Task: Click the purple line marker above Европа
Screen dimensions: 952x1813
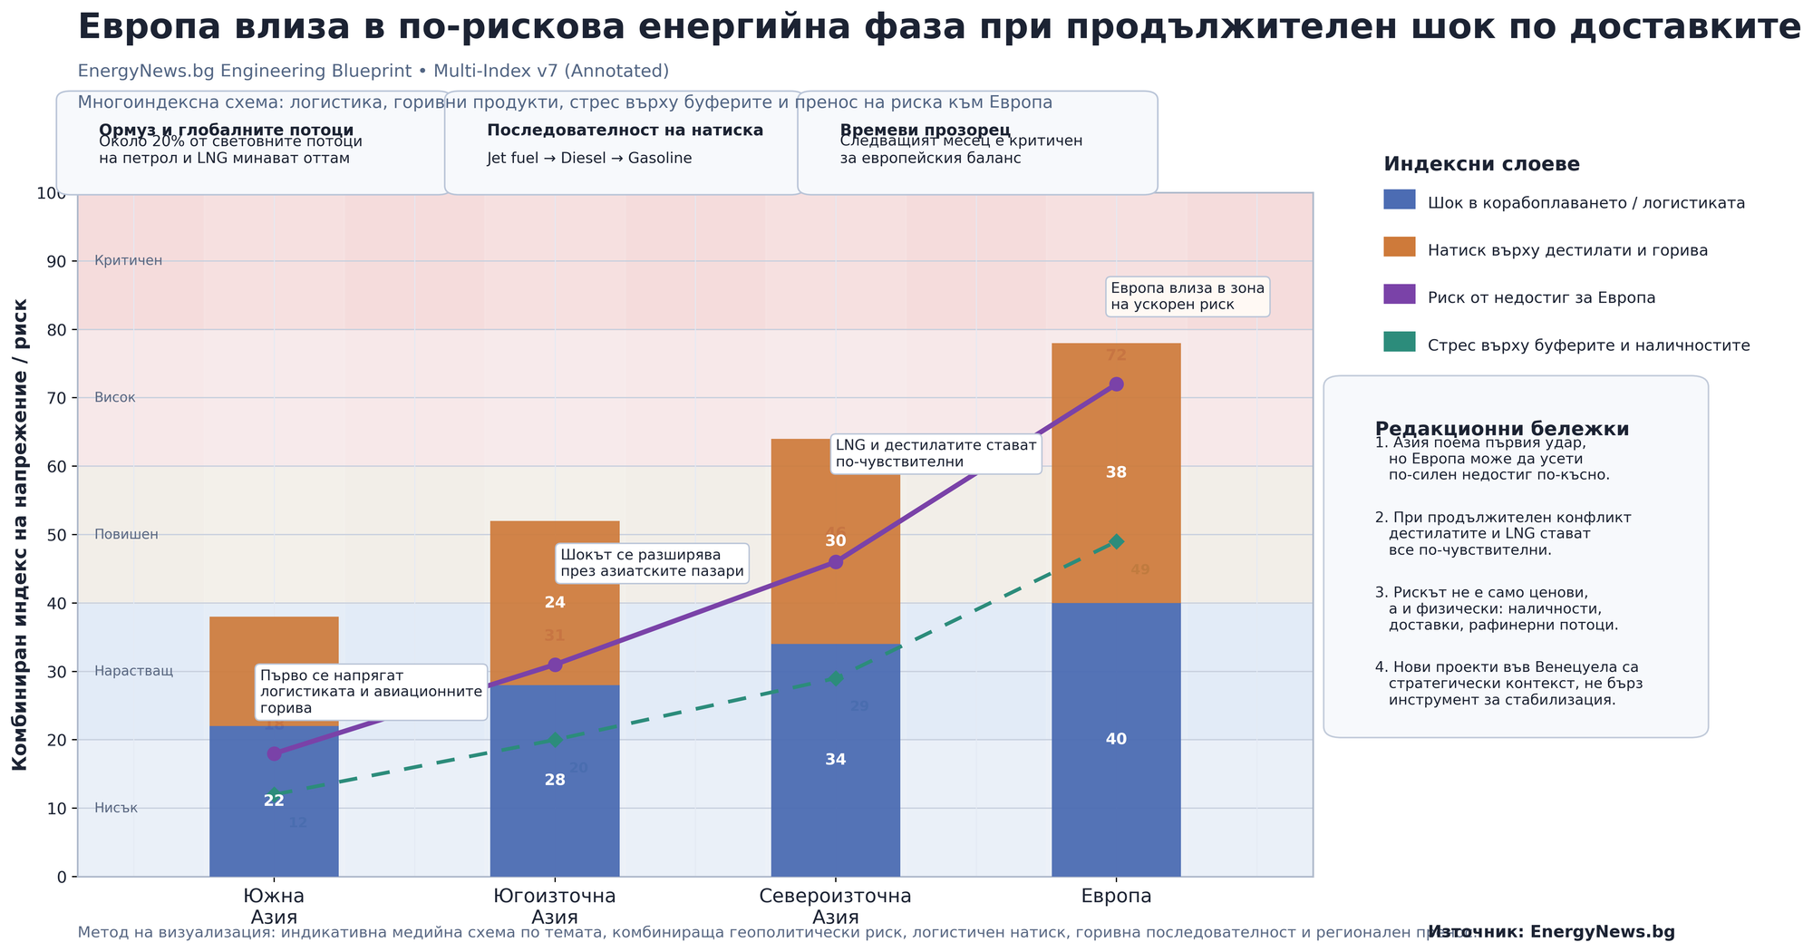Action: point(1116,384)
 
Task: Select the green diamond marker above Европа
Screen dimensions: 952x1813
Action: point(1116,541)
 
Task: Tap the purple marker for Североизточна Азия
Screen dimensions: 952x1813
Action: point(836,562)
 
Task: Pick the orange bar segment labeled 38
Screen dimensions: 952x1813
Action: point(1116,490)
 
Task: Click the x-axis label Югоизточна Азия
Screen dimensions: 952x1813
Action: point(555,906)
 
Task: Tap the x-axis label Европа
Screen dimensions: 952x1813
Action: point(1116,897)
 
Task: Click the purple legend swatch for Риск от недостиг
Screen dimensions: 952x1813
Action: point(1399,295)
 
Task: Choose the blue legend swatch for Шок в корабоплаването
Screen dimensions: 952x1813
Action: point(1399,199)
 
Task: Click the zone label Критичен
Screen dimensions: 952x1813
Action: point(129,261)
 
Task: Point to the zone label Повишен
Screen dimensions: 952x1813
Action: point(127,535)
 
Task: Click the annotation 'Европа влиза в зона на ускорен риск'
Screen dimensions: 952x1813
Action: point(1187,296)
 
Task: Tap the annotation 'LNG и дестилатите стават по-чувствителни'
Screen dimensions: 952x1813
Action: point(936,454)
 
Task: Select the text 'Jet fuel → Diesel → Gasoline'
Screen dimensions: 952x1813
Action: point(589,159)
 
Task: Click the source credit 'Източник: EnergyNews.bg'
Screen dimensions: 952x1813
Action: point(1551,932)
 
